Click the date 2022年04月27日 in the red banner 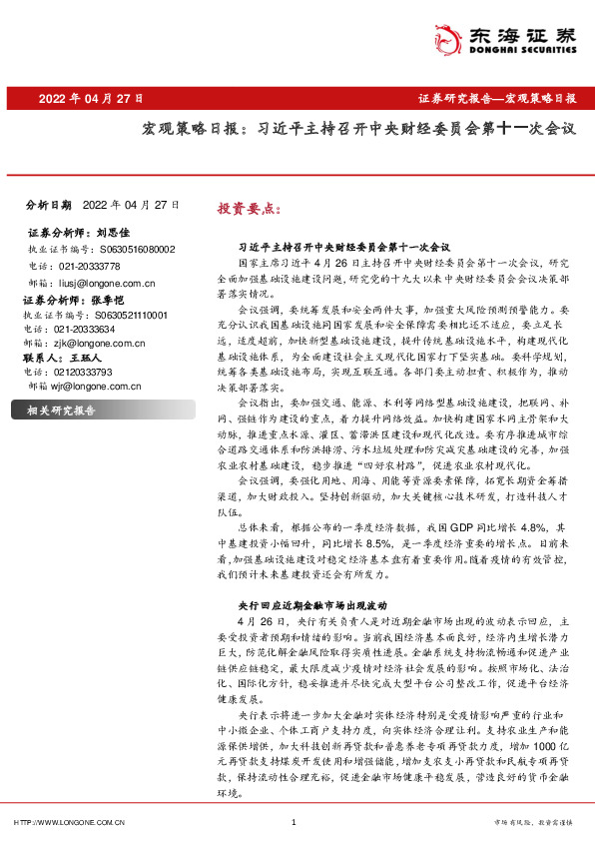click(x=91, y=100)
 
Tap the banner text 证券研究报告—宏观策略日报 click(x=496, y=100)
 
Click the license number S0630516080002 click(x=136, y=249)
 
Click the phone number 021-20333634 click(x=85, y=329)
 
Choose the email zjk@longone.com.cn click(x=99, y=343)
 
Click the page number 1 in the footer click(x=293, y=822)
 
